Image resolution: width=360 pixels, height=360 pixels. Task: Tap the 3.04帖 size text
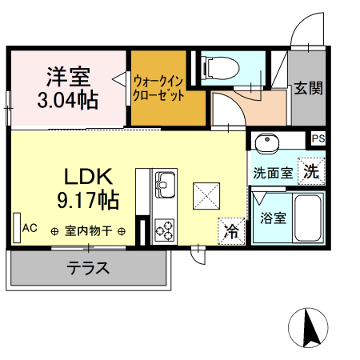[x=68, y=101]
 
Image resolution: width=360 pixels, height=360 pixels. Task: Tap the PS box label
[x=318, y=138]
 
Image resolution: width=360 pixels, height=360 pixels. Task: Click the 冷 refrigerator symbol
[x=231, y=231]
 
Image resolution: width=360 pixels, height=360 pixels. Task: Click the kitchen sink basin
[x=166, y=186]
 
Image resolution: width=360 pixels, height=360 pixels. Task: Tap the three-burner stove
[x=165, y=230]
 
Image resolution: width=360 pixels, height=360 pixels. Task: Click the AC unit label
[x=30, y=228]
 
